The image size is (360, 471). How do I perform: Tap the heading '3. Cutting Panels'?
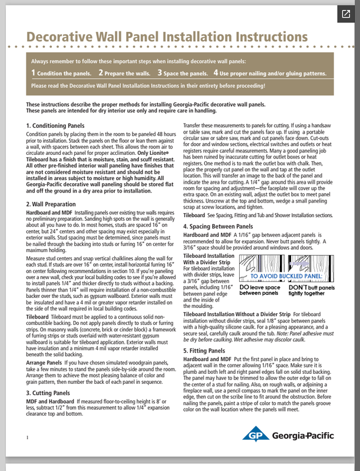[x=52, y=392]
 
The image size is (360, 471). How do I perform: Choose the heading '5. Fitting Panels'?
[x=207, y=350]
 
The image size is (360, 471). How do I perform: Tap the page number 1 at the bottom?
[x=28, y=437]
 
